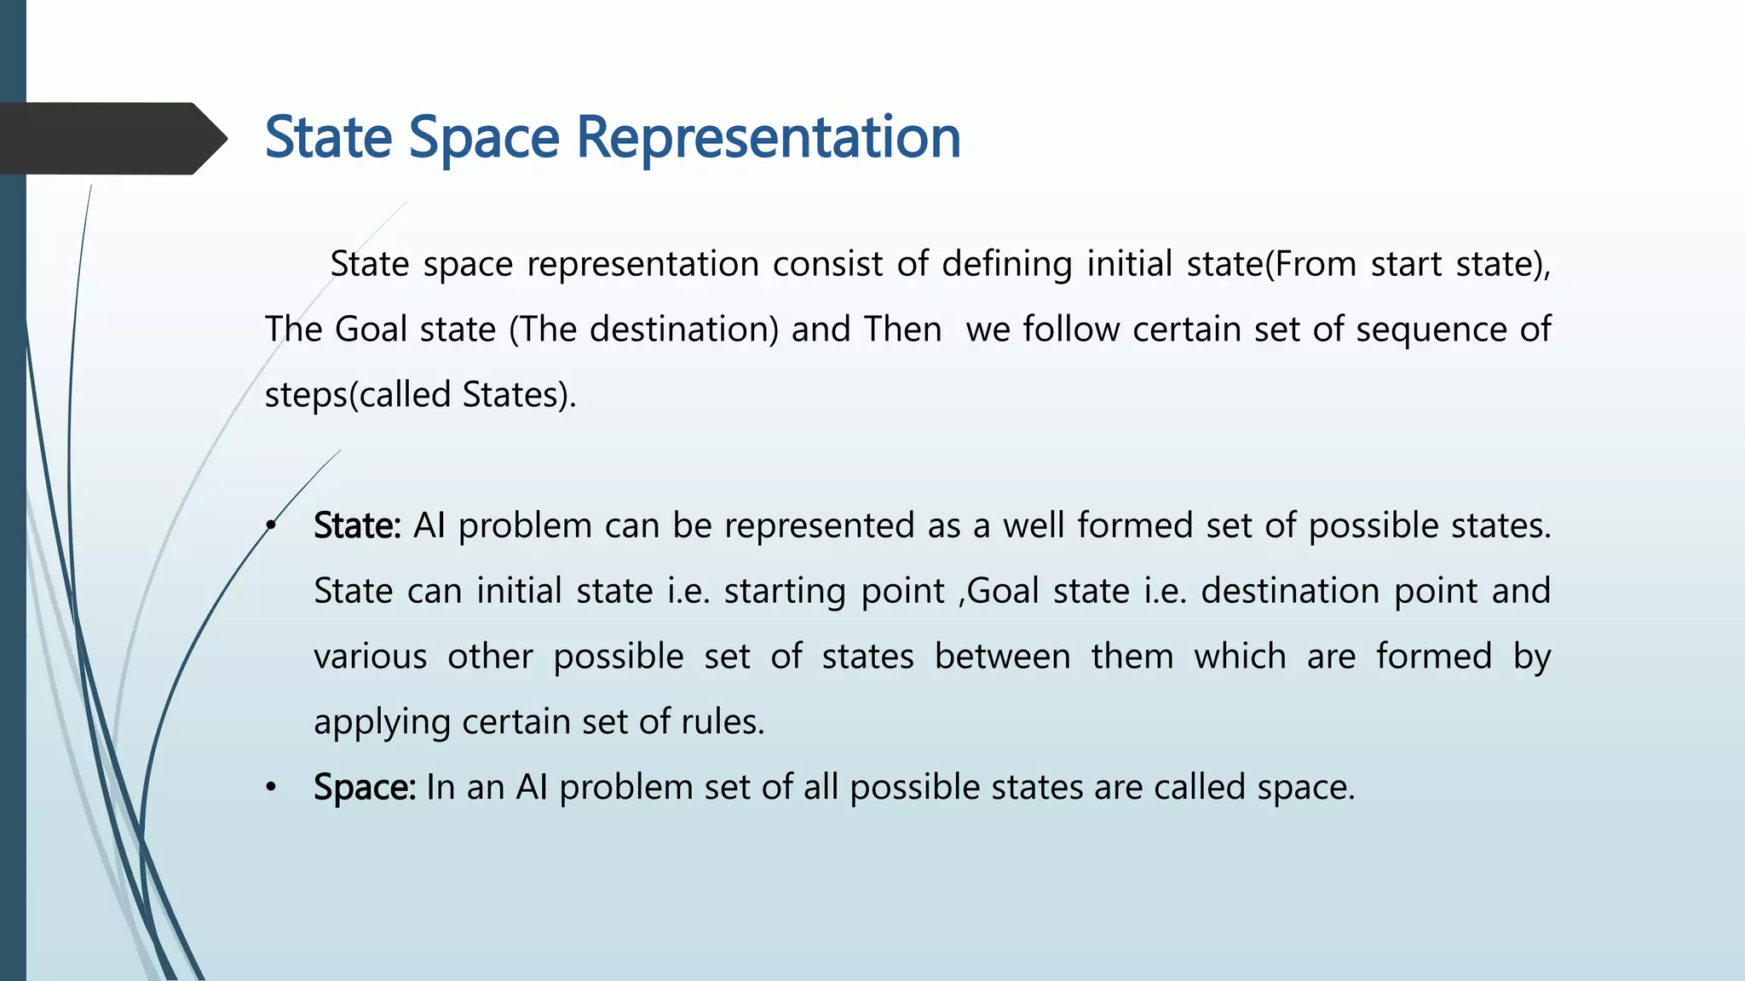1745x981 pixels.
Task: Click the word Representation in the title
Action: coord(769,138)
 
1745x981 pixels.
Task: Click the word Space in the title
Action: coord(484,138)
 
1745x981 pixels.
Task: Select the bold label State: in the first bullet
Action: coord(357,525)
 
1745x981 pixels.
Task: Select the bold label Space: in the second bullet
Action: coord(365,787)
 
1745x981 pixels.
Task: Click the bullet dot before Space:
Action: coord(271,787)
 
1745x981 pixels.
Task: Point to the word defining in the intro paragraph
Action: coord(1006,265)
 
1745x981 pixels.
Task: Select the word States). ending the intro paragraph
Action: coord(520,395)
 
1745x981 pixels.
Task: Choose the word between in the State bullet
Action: coord(1002,657)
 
